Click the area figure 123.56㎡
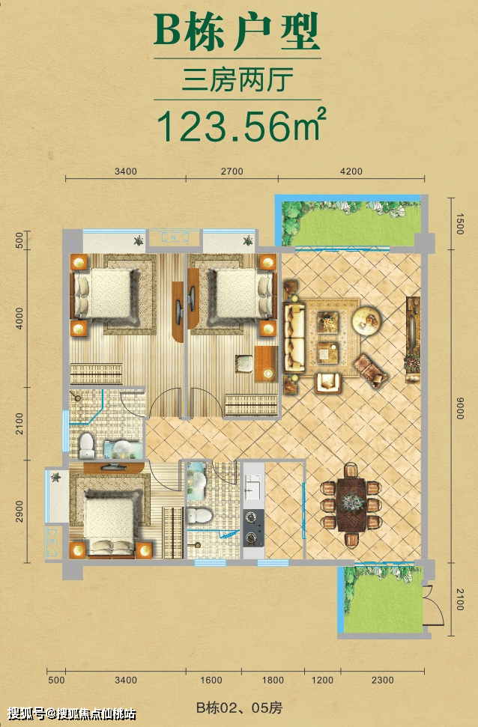[x=241, y=126]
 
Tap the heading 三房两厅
[x=238, y=79]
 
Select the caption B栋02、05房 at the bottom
[x=240, y=708]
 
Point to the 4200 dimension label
[x=351, y=171]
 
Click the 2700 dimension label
[x=232, y=171]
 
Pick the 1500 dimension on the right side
[x=459, y=223]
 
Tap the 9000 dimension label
[x=459, y=409]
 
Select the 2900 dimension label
[x=19, y=511]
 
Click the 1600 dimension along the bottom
[x=211, y=680]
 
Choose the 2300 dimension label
[x=382, y=680]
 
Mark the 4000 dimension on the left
[x=19, y=318]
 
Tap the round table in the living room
[x=366, y=320]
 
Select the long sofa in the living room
[x=294, y=338]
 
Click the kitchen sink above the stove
[x=253, y=487]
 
